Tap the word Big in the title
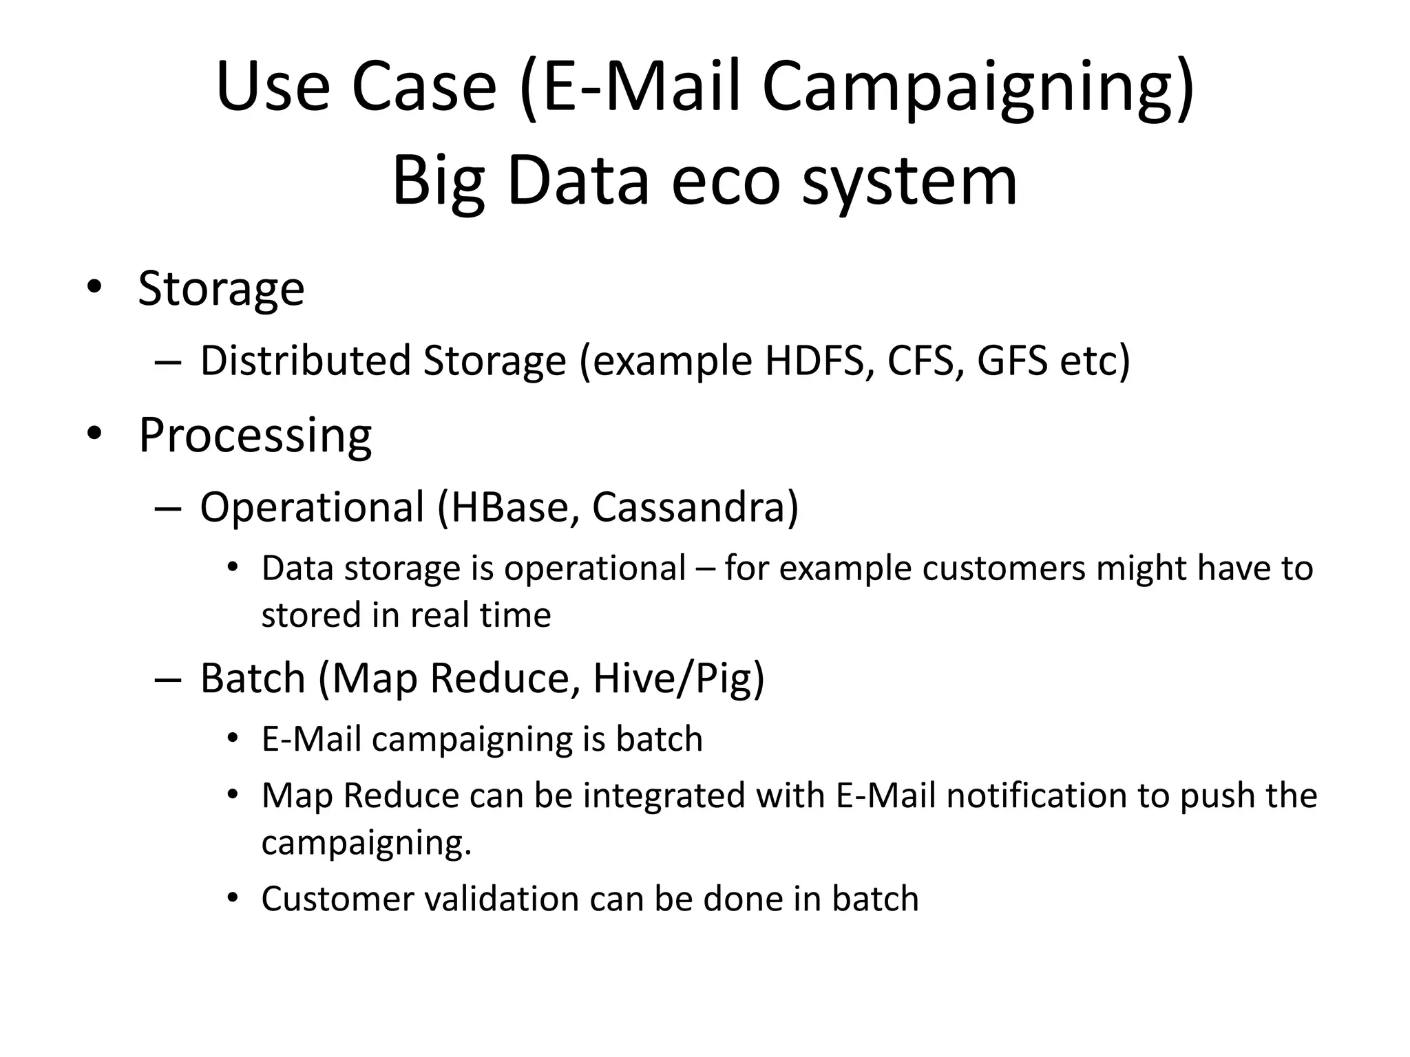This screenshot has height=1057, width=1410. pos(439,181)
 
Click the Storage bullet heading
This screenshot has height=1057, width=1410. pos(221,288)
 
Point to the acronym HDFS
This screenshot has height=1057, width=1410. pos(814,361)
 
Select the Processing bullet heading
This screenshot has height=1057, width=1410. pos(255,436)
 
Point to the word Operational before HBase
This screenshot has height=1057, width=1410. pos(312,507)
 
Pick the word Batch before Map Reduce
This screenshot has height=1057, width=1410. pos(253,679)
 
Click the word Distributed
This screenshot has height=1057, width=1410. pos(306,361)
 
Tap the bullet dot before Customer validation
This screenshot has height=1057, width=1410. pos(233,898)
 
